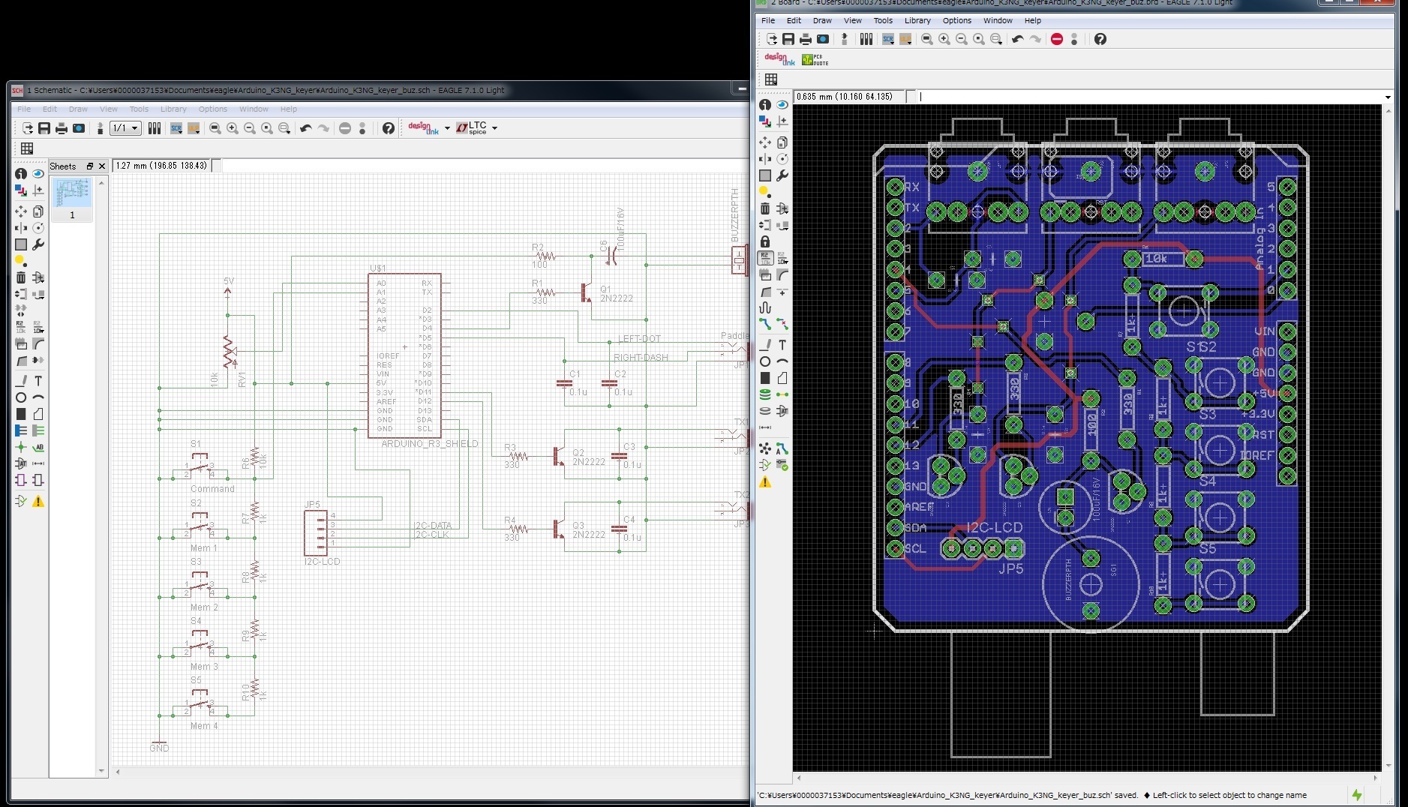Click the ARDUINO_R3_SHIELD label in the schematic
coord(429,444)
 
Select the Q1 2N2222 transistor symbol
coord(586,292)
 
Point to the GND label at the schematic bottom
coord(159,748)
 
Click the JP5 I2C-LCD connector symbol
coord(316,532)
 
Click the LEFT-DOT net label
coord(639,339)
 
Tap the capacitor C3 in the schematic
coord(620,455)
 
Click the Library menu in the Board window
coord(917,20)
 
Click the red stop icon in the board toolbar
coord(1057,39)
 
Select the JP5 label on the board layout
coord(1010,568)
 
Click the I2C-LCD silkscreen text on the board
coord(994,528)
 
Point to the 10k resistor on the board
coord(1156,259)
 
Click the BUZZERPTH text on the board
coord(1068,579)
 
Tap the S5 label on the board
coord(1207,549)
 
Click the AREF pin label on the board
coord(918,507)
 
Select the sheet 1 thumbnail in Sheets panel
coord(72,193)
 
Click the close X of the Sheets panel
coord(102,166)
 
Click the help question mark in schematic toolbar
coord(388,128)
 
